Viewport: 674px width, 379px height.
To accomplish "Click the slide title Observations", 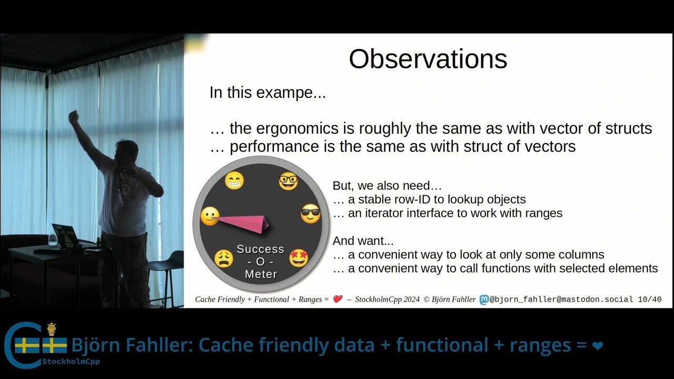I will tap(428, 59).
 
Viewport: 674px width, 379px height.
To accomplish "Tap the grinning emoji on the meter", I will tap(234, 181).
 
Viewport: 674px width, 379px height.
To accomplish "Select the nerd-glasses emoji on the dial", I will tap(288, 181).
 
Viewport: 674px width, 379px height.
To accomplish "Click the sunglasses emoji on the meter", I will tap(310, 214).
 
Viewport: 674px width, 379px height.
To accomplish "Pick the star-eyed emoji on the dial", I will tap(298, 258).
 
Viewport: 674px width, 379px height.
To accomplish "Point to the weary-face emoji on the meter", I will tap(224, 258).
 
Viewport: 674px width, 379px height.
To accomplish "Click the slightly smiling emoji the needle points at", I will tap(210, 216).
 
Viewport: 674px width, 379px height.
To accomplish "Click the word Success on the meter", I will tap(260, 249).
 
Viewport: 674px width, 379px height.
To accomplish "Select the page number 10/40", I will tap(649, 300).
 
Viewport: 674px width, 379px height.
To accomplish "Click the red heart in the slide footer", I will tap(338, 300).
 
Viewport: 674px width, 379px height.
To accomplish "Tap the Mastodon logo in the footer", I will tap(484, 300).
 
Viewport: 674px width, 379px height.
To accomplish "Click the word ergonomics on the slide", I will tap(291, 128).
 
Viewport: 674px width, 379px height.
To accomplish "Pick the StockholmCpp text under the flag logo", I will tap(71, 362).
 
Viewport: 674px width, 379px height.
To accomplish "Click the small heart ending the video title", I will tap(597, 346).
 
